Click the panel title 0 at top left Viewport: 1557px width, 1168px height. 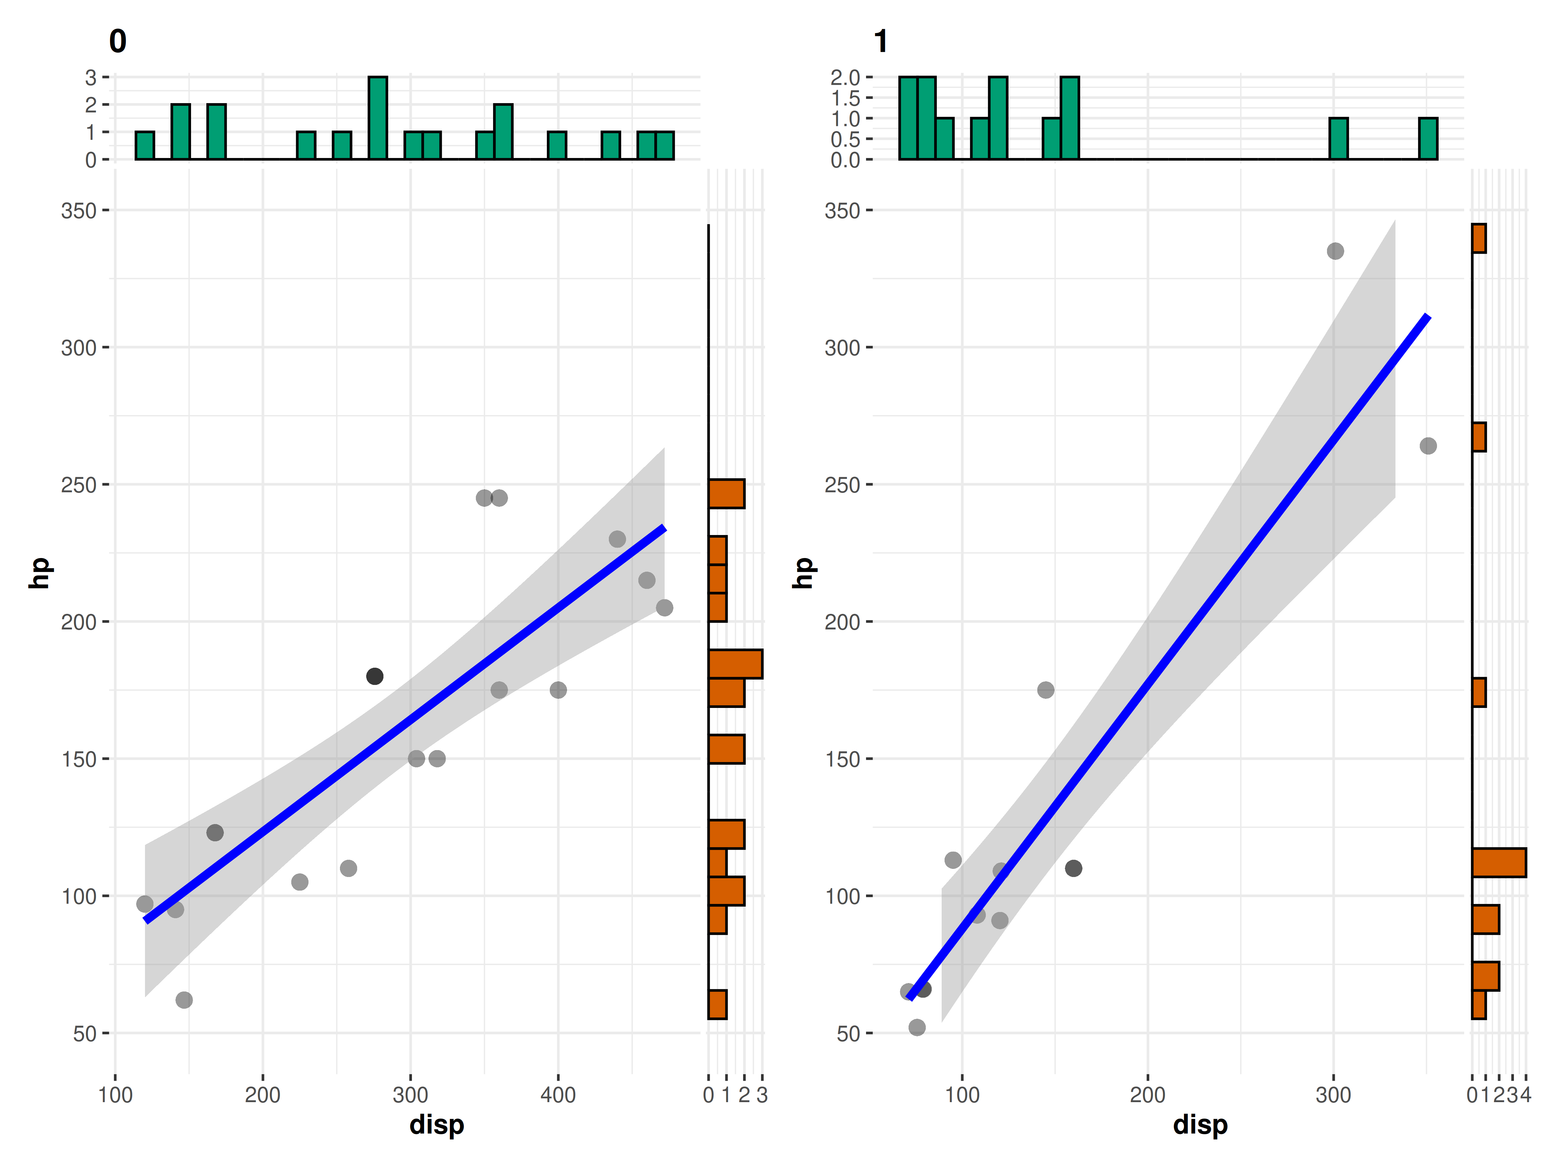[117, 42]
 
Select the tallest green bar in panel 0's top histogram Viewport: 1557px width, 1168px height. [378, 117]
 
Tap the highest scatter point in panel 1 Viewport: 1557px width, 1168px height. [1335, 251]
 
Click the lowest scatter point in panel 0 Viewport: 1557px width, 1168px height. [184, 1000]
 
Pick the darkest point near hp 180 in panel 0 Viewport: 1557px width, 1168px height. [374, 676]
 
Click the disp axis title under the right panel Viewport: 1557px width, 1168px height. [1200, 1124]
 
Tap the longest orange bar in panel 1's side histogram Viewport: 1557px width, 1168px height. [1499, 862]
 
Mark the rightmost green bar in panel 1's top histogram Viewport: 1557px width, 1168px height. [1428, 139]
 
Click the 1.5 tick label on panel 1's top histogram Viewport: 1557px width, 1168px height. [845, 98]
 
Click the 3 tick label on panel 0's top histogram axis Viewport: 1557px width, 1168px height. [91, 78]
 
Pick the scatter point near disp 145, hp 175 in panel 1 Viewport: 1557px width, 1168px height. [1046, 690]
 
